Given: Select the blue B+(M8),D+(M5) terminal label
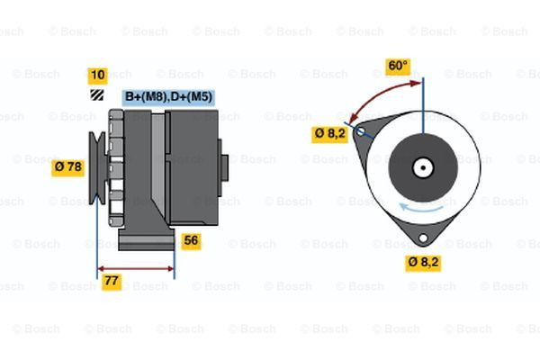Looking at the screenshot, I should click(x=168, y=95).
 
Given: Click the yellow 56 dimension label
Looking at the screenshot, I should click(x=191, y=240).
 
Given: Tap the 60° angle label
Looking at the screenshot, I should click(x=397, y=66).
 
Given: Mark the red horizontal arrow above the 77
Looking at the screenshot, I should click(x=135, y=267).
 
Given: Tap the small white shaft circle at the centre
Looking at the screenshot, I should click(x=421, y=167).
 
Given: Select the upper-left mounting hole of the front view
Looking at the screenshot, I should click(x=361, y=132).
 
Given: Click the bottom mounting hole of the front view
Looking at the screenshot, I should click(x=420, y=238).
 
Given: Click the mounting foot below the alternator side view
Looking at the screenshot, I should click(x=144, y=241).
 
